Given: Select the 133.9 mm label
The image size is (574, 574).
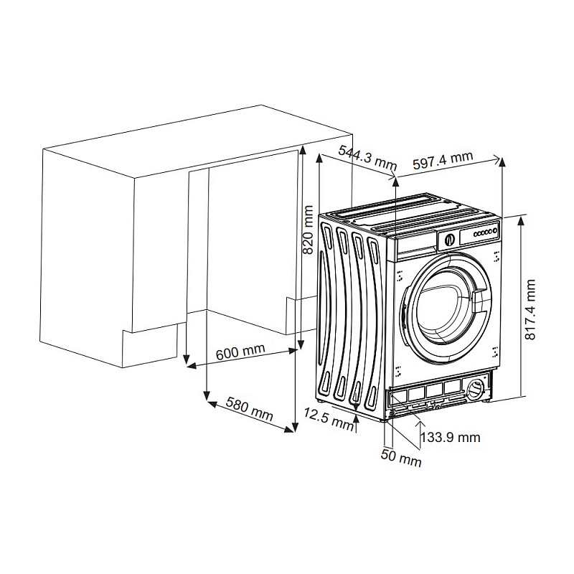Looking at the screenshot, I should point(450,437).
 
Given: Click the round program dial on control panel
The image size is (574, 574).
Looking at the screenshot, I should point(448,240).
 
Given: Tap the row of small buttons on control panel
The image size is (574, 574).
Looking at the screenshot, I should point(485,233).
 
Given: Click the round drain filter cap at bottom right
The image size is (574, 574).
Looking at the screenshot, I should point(475,390).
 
